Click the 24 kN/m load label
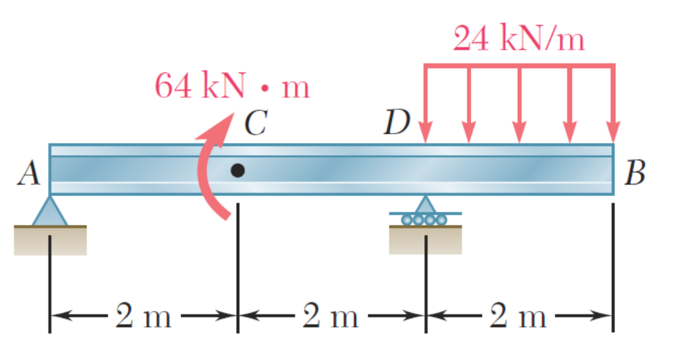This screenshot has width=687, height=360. [518, 40]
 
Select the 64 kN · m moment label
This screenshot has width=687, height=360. [232, 86]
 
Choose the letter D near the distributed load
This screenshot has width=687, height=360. [398, 123]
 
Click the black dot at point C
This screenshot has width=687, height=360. [238, 170]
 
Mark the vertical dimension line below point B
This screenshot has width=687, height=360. [613, 267]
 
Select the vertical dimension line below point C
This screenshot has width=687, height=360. [238, 267]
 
